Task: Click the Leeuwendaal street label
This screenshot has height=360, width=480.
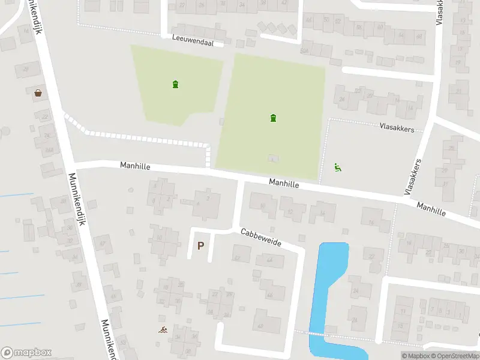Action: point(197,40)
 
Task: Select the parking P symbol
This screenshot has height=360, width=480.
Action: point(200,245)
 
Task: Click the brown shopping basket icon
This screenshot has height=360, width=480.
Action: point(38,92)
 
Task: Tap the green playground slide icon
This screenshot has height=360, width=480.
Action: point(338,168)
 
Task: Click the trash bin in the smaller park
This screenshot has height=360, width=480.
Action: point(175,84)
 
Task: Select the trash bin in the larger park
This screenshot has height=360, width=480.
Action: point(274,118)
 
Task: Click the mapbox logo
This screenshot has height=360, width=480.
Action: point(26,353)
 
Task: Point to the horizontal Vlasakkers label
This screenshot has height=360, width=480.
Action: point(397,127)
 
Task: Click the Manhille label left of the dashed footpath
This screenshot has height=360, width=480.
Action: point(134,165)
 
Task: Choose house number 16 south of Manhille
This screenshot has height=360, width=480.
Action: point(371,223)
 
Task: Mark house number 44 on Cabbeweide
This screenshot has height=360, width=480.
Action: point(269,260)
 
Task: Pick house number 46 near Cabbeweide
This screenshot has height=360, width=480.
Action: point(269,295)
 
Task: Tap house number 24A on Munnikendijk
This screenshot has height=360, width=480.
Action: point(48,150)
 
